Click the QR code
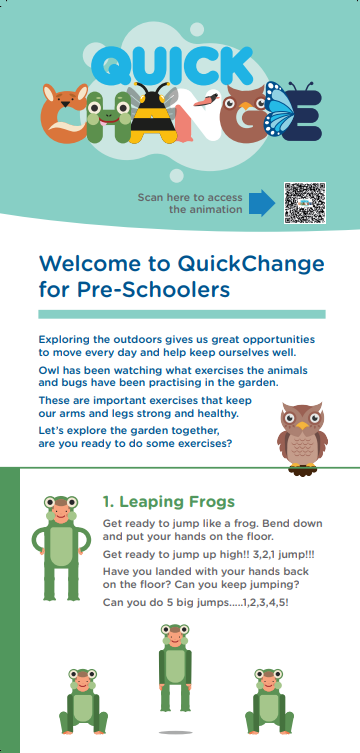pos(305,203)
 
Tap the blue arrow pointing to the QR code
pos(262,203)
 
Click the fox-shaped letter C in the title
pos(65,117)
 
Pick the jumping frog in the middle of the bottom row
pos(175,665)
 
